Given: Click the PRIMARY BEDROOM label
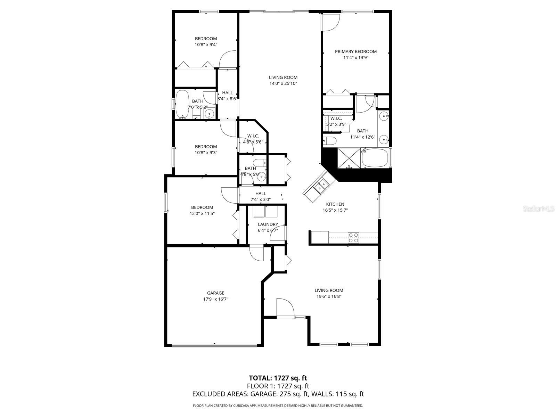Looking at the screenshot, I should click(355, 51).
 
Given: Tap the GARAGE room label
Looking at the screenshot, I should click(215, 293).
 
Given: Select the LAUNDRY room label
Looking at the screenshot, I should click(268, 224).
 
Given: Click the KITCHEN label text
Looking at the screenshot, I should click(335, 204).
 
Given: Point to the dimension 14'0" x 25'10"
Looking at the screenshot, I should click(283, 83).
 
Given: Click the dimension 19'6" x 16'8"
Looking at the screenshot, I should click(329, 296).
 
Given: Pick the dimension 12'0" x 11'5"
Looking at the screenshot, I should click(202, 213).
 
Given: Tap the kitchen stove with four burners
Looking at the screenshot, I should click(353, 238).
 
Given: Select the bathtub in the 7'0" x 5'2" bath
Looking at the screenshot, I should click(182, 104).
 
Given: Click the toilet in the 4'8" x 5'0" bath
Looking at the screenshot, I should click(259, 162).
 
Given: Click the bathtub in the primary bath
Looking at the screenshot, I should click(375, 158).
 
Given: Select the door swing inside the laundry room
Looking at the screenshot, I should click(278, 234).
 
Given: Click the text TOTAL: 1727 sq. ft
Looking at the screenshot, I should click(278, 378).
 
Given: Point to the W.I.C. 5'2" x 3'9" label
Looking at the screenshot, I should click(336, 121).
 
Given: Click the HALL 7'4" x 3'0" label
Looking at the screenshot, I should click(261, 196).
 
